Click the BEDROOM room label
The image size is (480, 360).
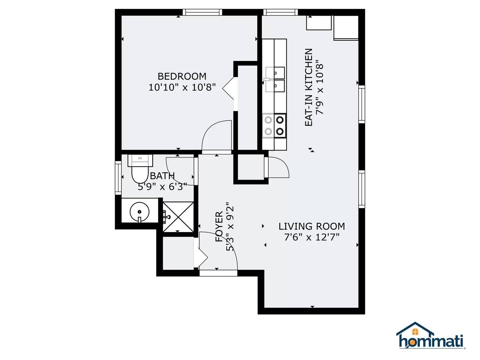pos(182,76)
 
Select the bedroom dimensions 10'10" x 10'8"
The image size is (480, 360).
pos(182,87)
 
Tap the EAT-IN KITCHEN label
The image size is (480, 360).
pos(309,87)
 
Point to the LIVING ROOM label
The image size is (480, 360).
pos(312,226)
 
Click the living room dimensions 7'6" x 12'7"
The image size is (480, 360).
pos(312,237)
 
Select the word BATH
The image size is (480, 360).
pos(162,176)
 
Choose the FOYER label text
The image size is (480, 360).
pos(219,226)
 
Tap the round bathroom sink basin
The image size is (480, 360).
pos(139,212)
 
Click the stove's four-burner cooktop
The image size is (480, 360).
pos(274,125)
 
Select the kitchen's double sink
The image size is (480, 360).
pos(275,79)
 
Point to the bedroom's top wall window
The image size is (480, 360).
pos(202,12)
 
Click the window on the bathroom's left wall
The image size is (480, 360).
pos(118,178)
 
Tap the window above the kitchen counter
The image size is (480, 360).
pos(280,12)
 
